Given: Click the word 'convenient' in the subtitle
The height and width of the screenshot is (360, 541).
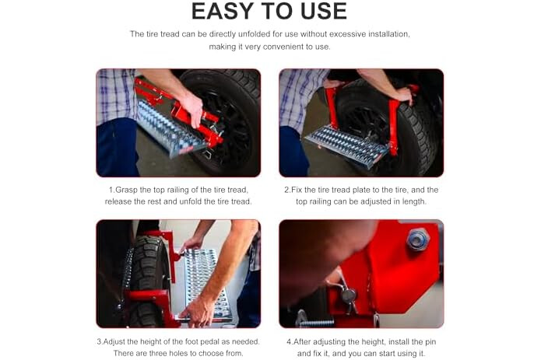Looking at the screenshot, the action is tap(283, 47).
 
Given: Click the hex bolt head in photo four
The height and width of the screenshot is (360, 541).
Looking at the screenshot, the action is tap(417, 239).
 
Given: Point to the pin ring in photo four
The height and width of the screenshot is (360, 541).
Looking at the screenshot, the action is tap(349, 296).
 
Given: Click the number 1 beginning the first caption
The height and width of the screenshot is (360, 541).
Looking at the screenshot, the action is tap(111, 190).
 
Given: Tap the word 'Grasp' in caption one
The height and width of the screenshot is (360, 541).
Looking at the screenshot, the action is tap(126, 190).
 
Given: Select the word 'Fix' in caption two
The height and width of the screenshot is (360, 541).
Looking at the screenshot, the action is tap(297, 190).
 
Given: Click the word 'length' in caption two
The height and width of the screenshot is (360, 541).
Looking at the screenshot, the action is tap(414, 202).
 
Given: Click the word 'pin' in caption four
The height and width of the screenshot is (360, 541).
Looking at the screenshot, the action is tap(430, 342).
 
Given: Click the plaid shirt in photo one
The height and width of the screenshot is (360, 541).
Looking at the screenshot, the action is tap(116, 95).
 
